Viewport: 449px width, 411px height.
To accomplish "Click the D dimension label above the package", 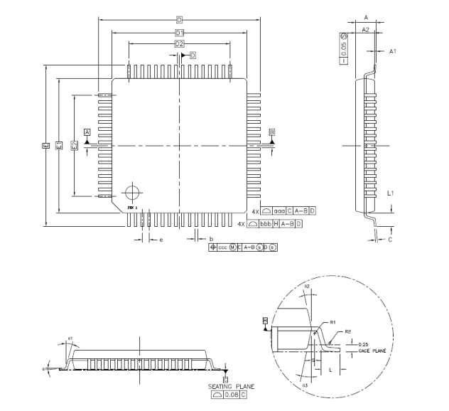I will (x=180, y=20).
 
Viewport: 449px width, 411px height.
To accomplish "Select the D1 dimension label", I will (x=180, y=33).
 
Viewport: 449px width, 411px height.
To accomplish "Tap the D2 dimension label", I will (x=180, y=44).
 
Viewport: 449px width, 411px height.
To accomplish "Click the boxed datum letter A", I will (x=87, y=132).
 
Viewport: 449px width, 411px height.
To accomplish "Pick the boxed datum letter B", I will (x=272, y=132).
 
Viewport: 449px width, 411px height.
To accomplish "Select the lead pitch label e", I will (x=161, y=240).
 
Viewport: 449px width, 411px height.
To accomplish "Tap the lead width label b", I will (x=211, y=239).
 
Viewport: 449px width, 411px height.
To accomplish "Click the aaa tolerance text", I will (x=281, y=212).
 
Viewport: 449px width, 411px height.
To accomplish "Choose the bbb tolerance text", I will (x=267, y=223).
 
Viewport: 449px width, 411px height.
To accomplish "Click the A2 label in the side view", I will (x=365, y=30).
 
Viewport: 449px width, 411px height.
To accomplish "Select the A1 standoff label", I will (x=391, y=51).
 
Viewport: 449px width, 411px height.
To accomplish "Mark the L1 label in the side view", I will (x=390, y=192).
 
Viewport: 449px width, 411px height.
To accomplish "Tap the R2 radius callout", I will (x=348, y=331).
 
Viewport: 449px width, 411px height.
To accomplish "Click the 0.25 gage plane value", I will (x=364, y=345).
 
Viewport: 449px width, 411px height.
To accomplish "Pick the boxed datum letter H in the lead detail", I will (x=265, y=321).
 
